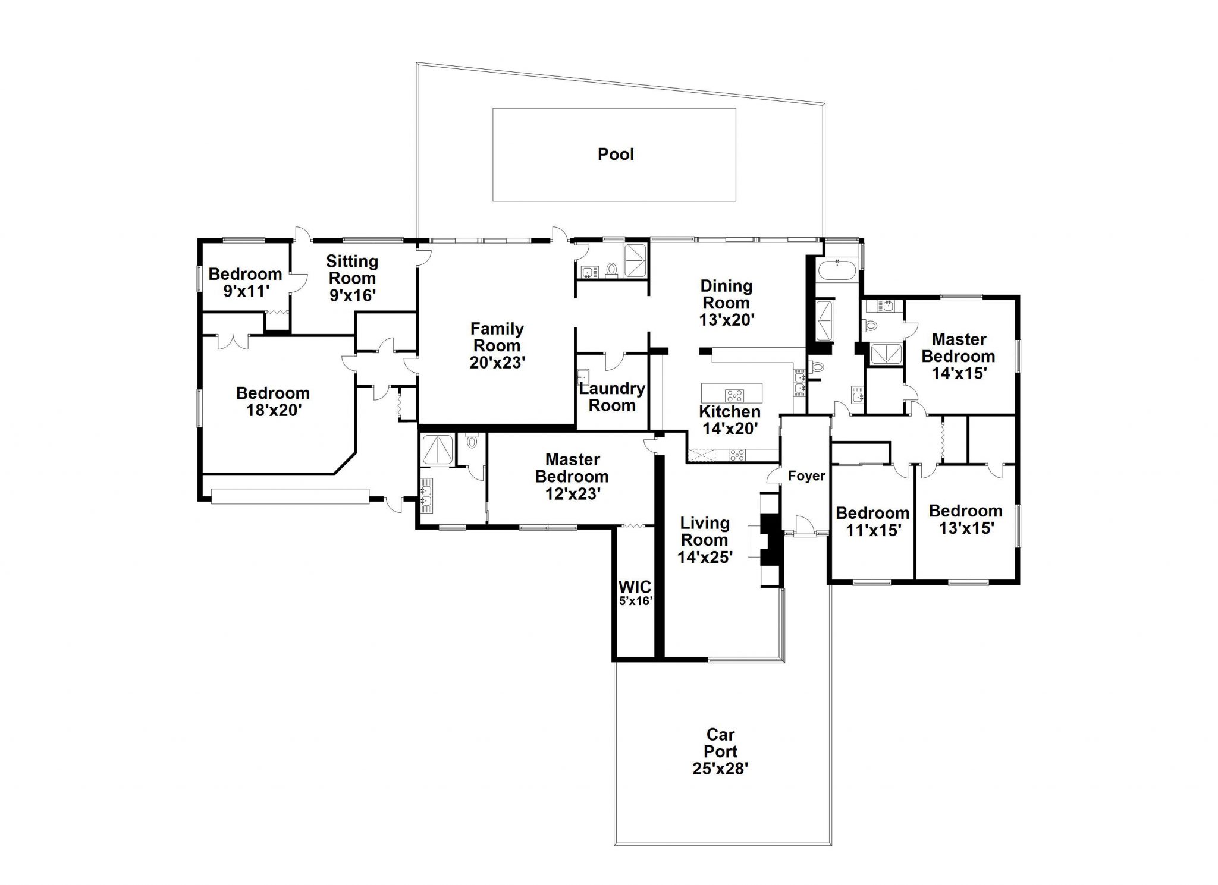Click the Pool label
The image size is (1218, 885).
(x=616, y=155)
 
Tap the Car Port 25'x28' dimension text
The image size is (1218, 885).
(x=720, y=769)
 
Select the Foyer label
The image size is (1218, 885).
(x=806, y=475)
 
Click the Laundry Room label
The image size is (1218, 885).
(x=612, y=397)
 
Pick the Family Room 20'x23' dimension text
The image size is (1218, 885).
(x=497, y=363)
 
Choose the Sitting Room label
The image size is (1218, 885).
(x=352, y=269)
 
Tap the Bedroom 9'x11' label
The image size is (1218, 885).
(x=245, y=282)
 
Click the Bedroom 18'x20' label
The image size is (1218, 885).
(x=273, y=401)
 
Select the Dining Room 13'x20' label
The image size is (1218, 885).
(x=726, y=303)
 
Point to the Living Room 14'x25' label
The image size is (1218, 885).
(x=705, y=540)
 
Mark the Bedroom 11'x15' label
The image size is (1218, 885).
(x=872, y=521)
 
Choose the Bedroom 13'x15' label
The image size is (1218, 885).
(x=965, y=519)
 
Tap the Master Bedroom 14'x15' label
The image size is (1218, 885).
(x=958, y=356)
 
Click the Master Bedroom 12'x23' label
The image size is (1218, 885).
(x=572, y=476)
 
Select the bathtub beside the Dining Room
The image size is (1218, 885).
(x=837, y=270)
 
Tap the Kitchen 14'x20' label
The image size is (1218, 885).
(x=730, y=420)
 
